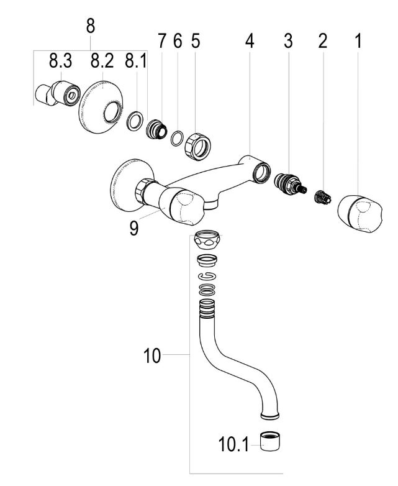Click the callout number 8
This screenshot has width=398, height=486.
point(91,25)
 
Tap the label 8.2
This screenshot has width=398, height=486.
point(102,62)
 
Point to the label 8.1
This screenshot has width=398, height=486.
point(137,62)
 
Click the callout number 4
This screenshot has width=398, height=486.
point(249,42)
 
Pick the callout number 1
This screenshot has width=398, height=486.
point(358,42)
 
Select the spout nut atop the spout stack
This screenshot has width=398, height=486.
point(207,239)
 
